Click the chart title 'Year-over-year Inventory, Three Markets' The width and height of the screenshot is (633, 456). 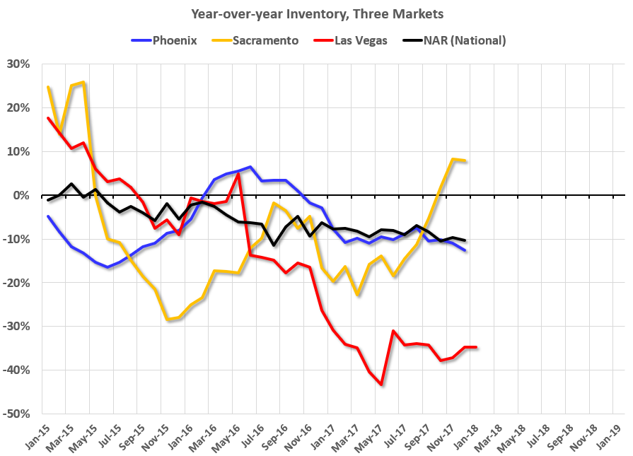[x=316, y=13]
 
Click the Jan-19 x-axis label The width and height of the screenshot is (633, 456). [x=612, y=433]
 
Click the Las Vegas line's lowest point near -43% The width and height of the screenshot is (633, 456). [x=381, y=385]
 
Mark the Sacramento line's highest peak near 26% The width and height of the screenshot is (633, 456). [x=84, y=82]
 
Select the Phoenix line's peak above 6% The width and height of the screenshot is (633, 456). [x=250, y=167]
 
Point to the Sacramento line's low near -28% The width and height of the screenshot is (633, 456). [x=168, y=320]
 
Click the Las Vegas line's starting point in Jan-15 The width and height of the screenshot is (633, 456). [x=48, y=118]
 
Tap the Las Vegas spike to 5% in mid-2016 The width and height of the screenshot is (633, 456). [x=239, y=173]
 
